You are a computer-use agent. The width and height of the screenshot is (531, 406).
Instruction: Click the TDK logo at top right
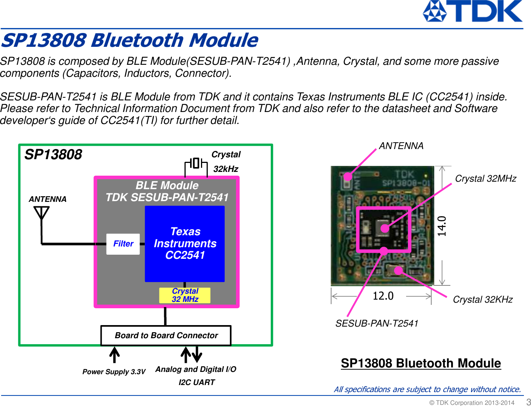[x=472, y=11]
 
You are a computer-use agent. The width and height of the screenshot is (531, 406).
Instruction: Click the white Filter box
[x=123, y=244]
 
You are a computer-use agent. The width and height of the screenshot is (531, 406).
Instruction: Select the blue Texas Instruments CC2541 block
[x=185, y=243]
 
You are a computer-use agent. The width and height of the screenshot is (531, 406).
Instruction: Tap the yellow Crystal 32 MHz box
[x=185, y=295]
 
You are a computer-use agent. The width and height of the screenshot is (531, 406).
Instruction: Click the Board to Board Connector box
[x=166, y=336]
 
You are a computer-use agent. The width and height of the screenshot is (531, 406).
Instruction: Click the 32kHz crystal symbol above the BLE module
[x=196, y=164]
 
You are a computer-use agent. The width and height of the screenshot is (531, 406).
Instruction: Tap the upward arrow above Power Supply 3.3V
[x=114, y=355]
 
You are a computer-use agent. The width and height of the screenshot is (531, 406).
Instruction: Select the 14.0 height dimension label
[x=442, y=226]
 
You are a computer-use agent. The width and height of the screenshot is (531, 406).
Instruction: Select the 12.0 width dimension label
[x=383, y=296]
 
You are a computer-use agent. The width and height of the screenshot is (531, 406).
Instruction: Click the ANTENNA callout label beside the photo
[x=401, y=146]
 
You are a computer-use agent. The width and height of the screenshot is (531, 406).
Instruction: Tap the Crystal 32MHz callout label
[x=485, y=179]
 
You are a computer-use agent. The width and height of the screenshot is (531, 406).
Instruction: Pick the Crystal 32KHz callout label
[x=483, y=300]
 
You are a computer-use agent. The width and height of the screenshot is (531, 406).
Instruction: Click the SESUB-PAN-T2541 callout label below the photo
[x=377, y=324]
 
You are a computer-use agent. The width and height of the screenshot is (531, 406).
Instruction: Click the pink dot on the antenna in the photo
[x=348, y=176]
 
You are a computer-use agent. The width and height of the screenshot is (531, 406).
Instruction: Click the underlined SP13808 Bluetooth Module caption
[x=421, y=363]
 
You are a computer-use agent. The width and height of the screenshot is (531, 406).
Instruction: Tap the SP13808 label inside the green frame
[x=53, y=155]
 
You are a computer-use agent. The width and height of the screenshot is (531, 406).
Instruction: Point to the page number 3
[x=528, y=402]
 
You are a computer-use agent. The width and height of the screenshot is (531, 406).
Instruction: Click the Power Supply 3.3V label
[x=114, y=372]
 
